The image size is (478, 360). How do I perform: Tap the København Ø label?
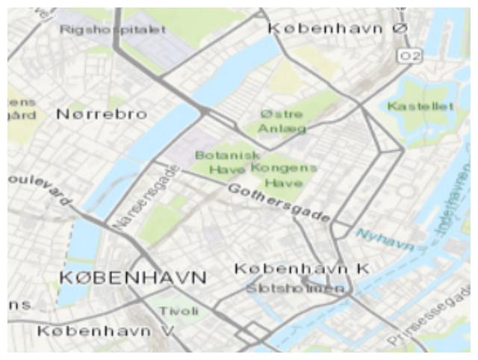coord(338,28)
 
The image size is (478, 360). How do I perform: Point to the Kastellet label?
coord(420,107)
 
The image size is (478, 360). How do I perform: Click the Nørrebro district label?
coord(102,115)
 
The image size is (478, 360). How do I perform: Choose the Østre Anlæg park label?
coord(282,122)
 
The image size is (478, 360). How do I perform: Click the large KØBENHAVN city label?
coord(131,277)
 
